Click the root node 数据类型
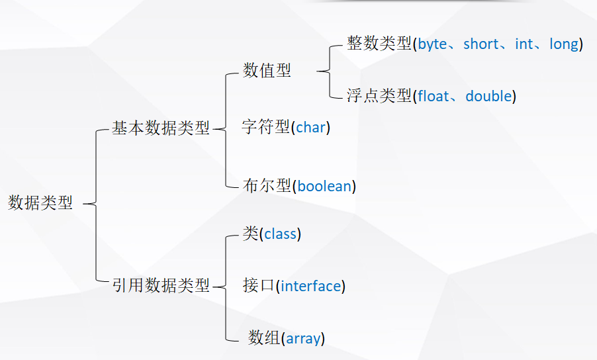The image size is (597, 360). [x=40, y=203]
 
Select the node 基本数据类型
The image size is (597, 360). [x=160, y=128]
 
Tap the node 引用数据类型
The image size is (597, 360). [x=160, y=286]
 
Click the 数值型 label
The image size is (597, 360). [x=267, y=71]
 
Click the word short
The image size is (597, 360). [x=481, y=44]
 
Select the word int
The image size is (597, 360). [x=524, y=44]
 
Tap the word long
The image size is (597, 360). [x=564, y=44]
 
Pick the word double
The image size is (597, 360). [x=488, y=96]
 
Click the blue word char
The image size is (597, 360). [x=310, y=128]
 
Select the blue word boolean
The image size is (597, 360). [x=324, y=186]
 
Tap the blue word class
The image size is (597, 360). [x=280, y=234]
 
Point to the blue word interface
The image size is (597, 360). [x=310, y=286]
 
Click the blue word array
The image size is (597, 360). [x=303, y=339]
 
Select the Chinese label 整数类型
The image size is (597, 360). [x=379, y=44]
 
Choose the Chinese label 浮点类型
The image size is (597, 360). [x=379, y=96]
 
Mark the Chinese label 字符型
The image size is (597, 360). [x=267, y=128]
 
